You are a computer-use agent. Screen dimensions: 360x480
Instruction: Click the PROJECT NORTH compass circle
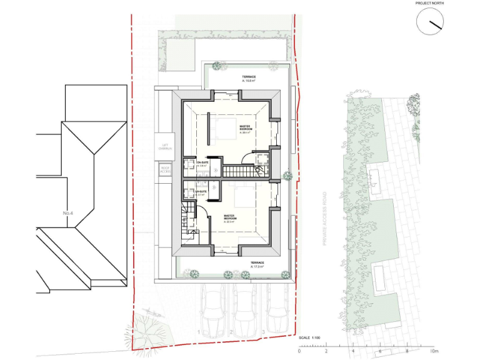(431, 24)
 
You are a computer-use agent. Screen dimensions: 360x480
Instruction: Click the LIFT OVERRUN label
(165, 147)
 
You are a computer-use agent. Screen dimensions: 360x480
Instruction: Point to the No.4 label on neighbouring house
(68, 213)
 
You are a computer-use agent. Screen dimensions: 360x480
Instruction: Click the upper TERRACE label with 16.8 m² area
(249, 79)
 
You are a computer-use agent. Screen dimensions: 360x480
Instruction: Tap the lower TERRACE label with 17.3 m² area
(257, 264)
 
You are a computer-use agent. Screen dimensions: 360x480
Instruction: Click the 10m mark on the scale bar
(434, 351)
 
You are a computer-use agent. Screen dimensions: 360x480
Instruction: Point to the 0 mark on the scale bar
(299, 351)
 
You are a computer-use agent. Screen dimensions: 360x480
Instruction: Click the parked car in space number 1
(212, 312)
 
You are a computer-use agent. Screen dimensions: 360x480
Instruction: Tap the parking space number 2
(231, 332)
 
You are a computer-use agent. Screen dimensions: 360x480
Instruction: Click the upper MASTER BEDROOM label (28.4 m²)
(245, 129)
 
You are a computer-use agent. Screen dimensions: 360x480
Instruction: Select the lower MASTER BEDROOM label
(234, 219)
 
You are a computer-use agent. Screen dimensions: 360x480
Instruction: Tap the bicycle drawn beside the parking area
(154, 314)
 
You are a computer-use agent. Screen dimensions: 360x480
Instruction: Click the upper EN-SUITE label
(202, 164)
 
